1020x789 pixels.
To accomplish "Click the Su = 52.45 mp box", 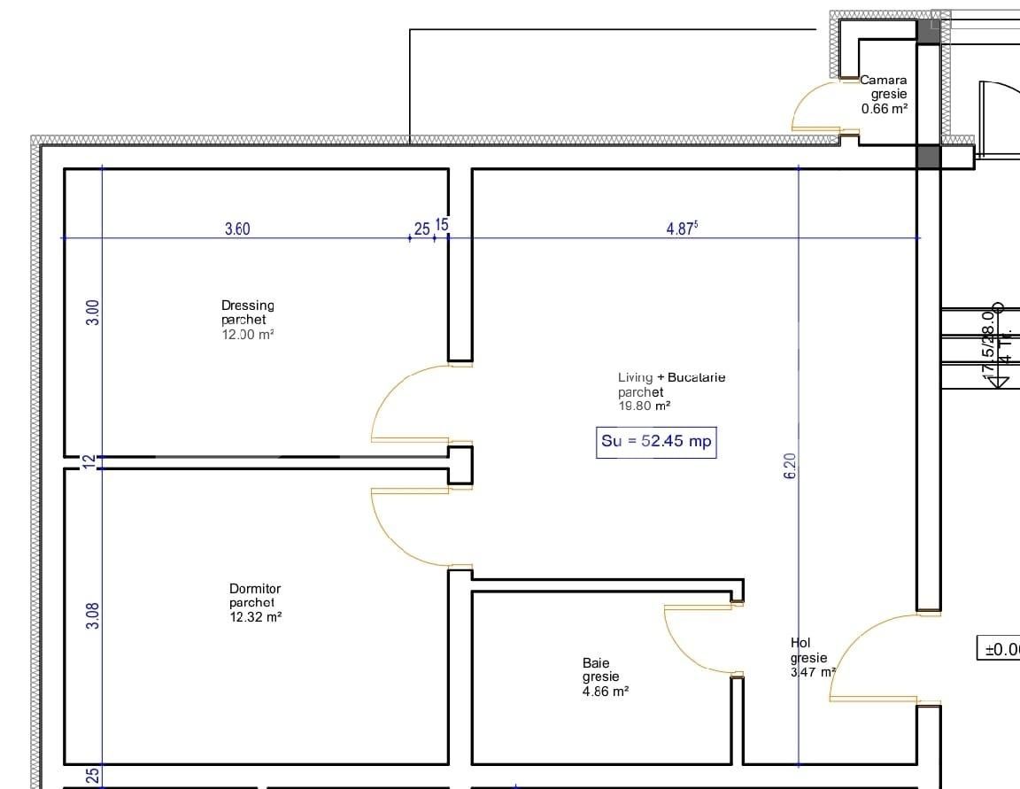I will click(x=657, y=442).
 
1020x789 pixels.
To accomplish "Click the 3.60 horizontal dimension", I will click(x=237, y=229).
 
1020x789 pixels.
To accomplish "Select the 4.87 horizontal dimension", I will click(x=682, y=228).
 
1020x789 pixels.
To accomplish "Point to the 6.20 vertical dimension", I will click(x=790, y=466).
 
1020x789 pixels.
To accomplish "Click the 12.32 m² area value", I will click(x=255, y=617).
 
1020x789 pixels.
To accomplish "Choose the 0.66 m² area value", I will click(x=885, y=109).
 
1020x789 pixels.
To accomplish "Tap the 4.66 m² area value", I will click(x=606, y=692).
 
